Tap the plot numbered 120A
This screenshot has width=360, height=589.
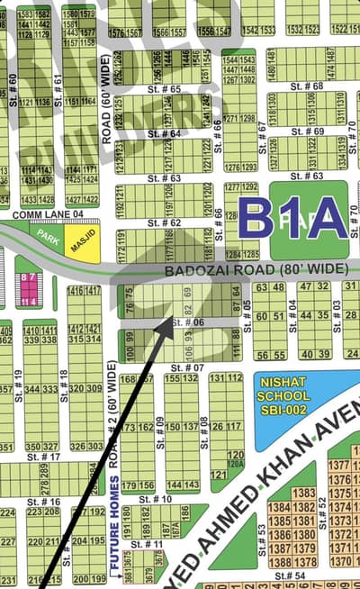236,465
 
